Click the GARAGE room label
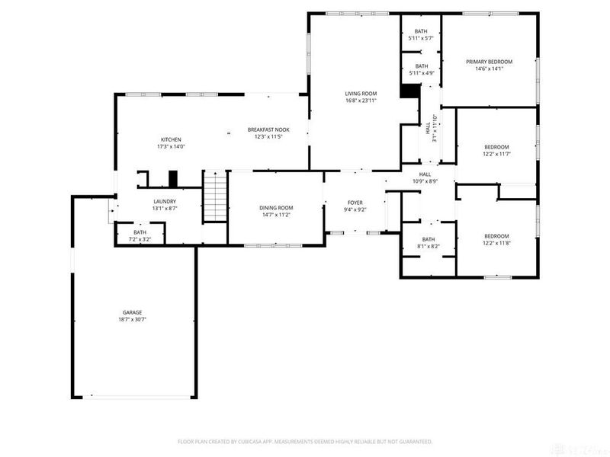(x=133, y=312)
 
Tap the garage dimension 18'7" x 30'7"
(x=133, y=320)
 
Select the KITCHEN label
(x=170, y=139)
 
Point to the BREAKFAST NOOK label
(x=268, y=130)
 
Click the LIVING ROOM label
(x=361, y=93)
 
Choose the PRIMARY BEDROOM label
(x=490, y=62)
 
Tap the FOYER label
(x=355, y=202)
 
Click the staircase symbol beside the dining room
(x=215, y=197)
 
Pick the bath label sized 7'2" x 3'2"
(x=140, y=232)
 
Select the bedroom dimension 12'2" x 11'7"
(x=496, y=154)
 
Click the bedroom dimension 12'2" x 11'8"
(x=496, y=243)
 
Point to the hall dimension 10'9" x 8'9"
(x=425, y=181)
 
